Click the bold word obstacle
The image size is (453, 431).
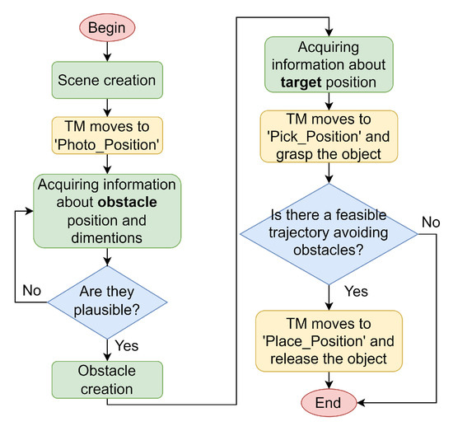[x=124, y=201]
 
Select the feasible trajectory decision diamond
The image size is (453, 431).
[x=329, y=234]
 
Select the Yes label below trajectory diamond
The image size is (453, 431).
[x=355, y=290]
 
